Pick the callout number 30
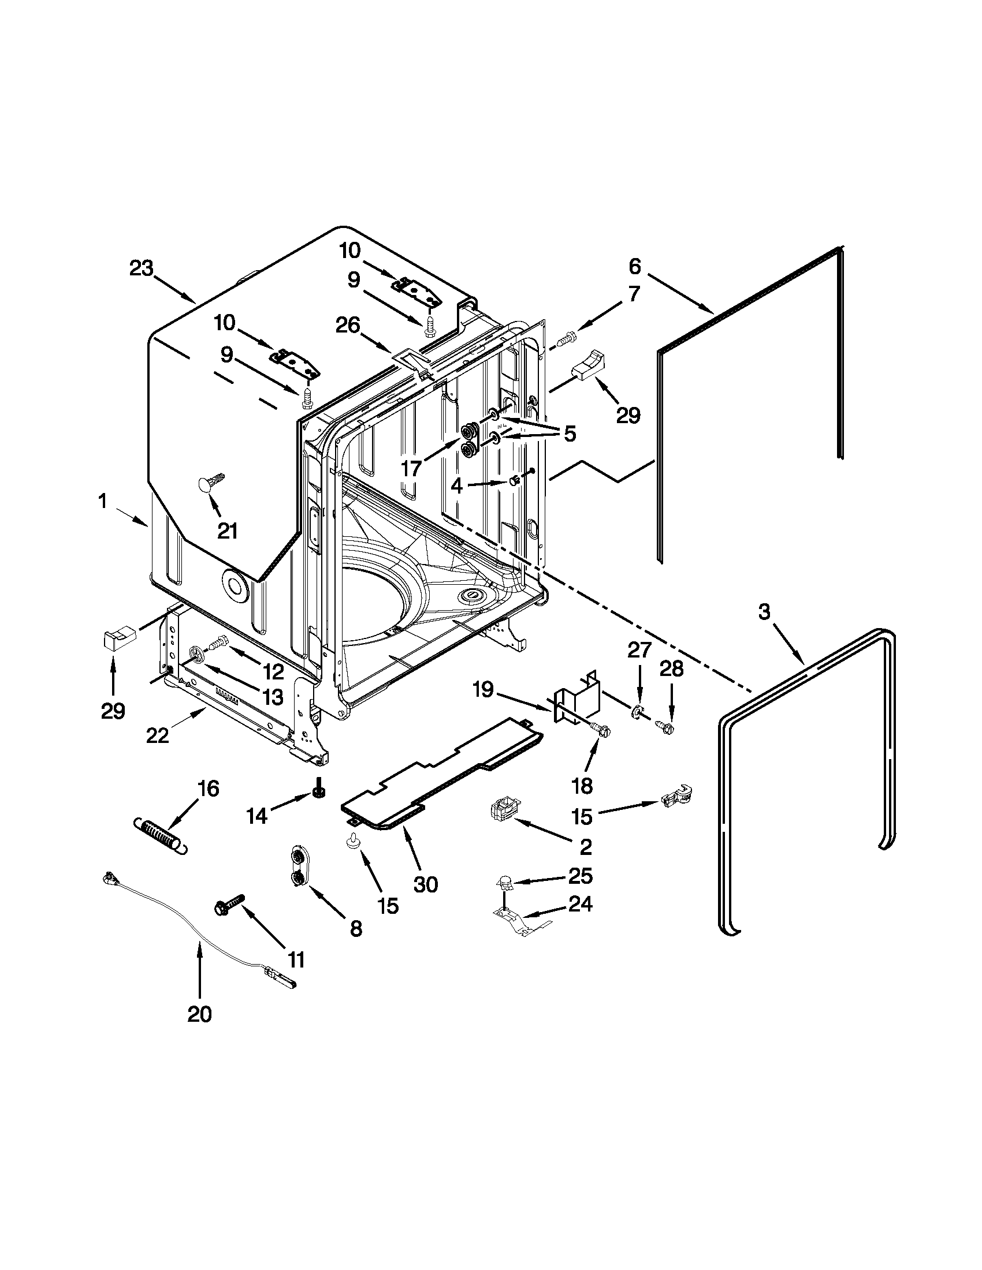pos(425,884)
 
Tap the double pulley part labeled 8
pos(299,868)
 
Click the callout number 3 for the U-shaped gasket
pos(764,611)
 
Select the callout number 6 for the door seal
pos(635,266)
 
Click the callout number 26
pos(347,325)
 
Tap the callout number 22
pos(157,735)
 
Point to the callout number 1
pos(102,501)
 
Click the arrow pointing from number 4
pos(487,483)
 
